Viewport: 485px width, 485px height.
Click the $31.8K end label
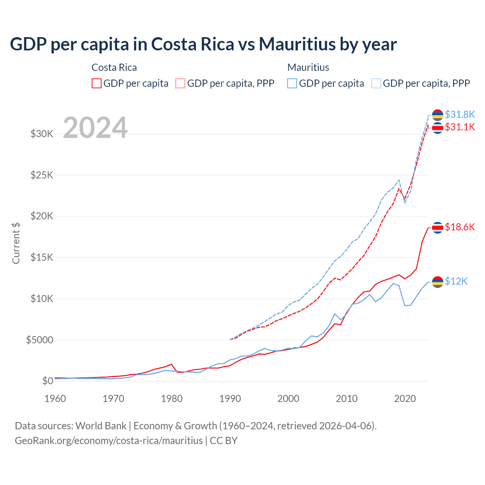tap(460, 114)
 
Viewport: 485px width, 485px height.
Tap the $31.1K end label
tap(460, 127)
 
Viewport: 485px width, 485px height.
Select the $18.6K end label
tap(460, 227)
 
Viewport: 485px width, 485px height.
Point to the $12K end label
tap(456, 281)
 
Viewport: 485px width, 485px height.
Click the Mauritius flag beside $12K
tap(438, 282)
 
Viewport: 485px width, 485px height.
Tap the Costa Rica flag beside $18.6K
tap(438, 227)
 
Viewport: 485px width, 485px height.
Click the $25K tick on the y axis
tap(42, 175)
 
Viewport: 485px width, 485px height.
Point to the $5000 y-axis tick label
tap(39, 340)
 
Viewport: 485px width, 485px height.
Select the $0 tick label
tap(47, 381)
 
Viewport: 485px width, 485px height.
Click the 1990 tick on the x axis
tap(230, 399)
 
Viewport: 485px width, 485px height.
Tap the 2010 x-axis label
tap(347, 399)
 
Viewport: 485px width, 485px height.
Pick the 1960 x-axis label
tap(55, 399)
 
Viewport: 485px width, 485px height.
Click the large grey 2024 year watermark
tap(95, 128)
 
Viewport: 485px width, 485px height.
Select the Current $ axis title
tap(16, 243)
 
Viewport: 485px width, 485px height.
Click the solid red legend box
tap(97, 83)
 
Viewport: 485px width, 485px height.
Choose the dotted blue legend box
tap(376, 83)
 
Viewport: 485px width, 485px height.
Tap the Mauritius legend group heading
tap(308, 67)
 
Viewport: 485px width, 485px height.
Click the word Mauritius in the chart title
tap(297, 44)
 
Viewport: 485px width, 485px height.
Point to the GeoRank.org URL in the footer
tap(109, 441)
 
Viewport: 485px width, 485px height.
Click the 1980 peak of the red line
tap(172, 364)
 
